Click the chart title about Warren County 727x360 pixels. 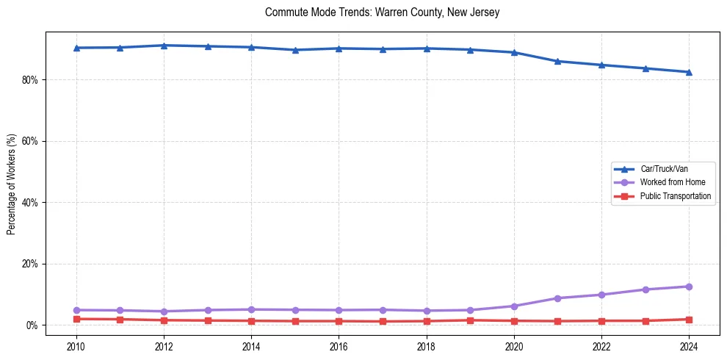382,13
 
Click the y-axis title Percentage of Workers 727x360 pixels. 11,184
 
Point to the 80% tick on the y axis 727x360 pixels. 32,79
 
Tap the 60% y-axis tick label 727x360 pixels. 32,141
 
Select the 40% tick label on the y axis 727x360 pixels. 32,202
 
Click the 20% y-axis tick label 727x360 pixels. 32,264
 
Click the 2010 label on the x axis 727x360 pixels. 76,345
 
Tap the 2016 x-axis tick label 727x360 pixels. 339,345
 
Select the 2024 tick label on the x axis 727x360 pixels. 689,345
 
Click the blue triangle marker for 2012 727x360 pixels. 164,46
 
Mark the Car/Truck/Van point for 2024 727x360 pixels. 689,72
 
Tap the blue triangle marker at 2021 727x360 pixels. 557,61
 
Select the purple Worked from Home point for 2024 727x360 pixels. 689,287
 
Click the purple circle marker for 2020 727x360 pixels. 514,306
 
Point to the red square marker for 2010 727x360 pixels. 76,319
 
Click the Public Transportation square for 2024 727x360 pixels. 689,320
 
